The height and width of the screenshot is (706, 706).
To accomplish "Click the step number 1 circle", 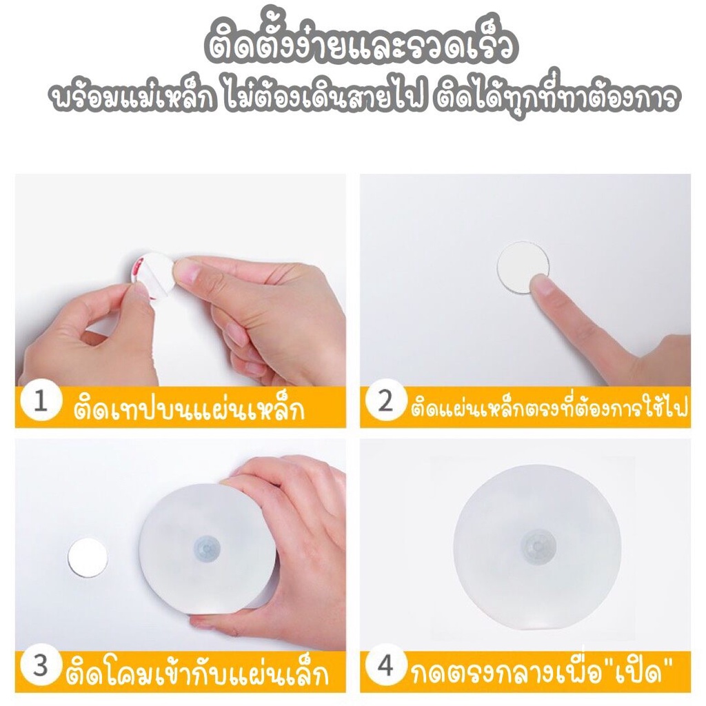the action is pyautogui.click(x=40, y=403).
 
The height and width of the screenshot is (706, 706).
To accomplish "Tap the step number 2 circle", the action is pyautogui.click(x=384, y=403).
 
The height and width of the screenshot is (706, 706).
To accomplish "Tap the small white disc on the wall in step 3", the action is pyautogui.click(x=88, y=557).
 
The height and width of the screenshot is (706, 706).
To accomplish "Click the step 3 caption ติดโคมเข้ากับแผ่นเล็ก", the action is pyautogui.click(x=196, y=671).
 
